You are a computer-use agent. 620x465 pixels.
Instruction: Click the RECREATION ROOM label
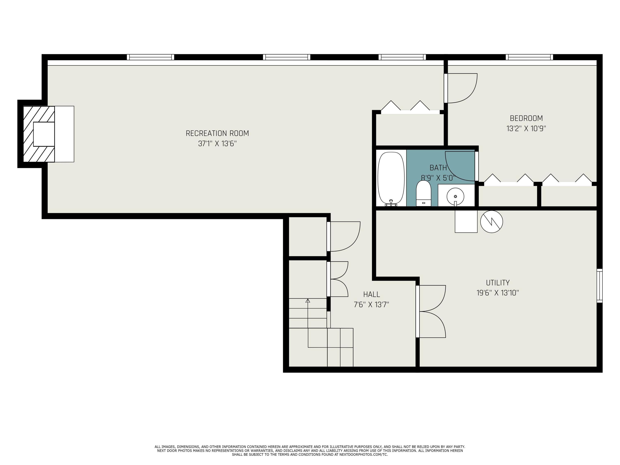[x=217, y=134]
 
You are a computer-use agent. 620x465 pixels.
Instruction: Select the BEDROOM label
[x=526, y=118]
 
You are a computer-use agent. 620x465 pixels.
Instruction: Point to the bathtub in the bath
[x=391, y=178]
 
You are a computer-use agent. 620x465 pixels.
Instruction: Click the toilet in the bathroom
[x=423, y=193]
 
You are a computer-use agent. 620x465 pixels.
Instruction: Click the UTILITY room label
[x=497, y=283]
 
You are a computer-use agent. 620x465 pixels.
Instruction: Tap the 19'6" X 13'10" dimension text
[x=497, y=293]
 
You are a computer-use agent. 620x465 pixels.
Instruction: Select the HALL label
[x=371, y=294]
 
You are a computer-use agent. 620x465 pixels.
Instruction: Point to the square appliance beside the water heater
[x=466, y=221]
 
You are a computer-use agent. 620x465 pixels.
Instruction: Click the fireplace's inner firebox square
[x=44, y=134]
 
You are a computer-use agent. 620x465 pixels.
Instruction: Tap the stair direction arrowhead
[x=308, y=301]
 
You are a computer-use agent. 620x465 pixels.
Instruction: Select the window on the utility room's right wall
[x=599, y=286]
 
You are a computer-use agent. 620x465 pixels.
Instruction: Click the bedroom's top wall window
[x=529, y=57]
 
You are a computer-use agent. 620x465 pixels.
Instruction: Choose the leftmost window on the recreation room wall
[x=150, y=57]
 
